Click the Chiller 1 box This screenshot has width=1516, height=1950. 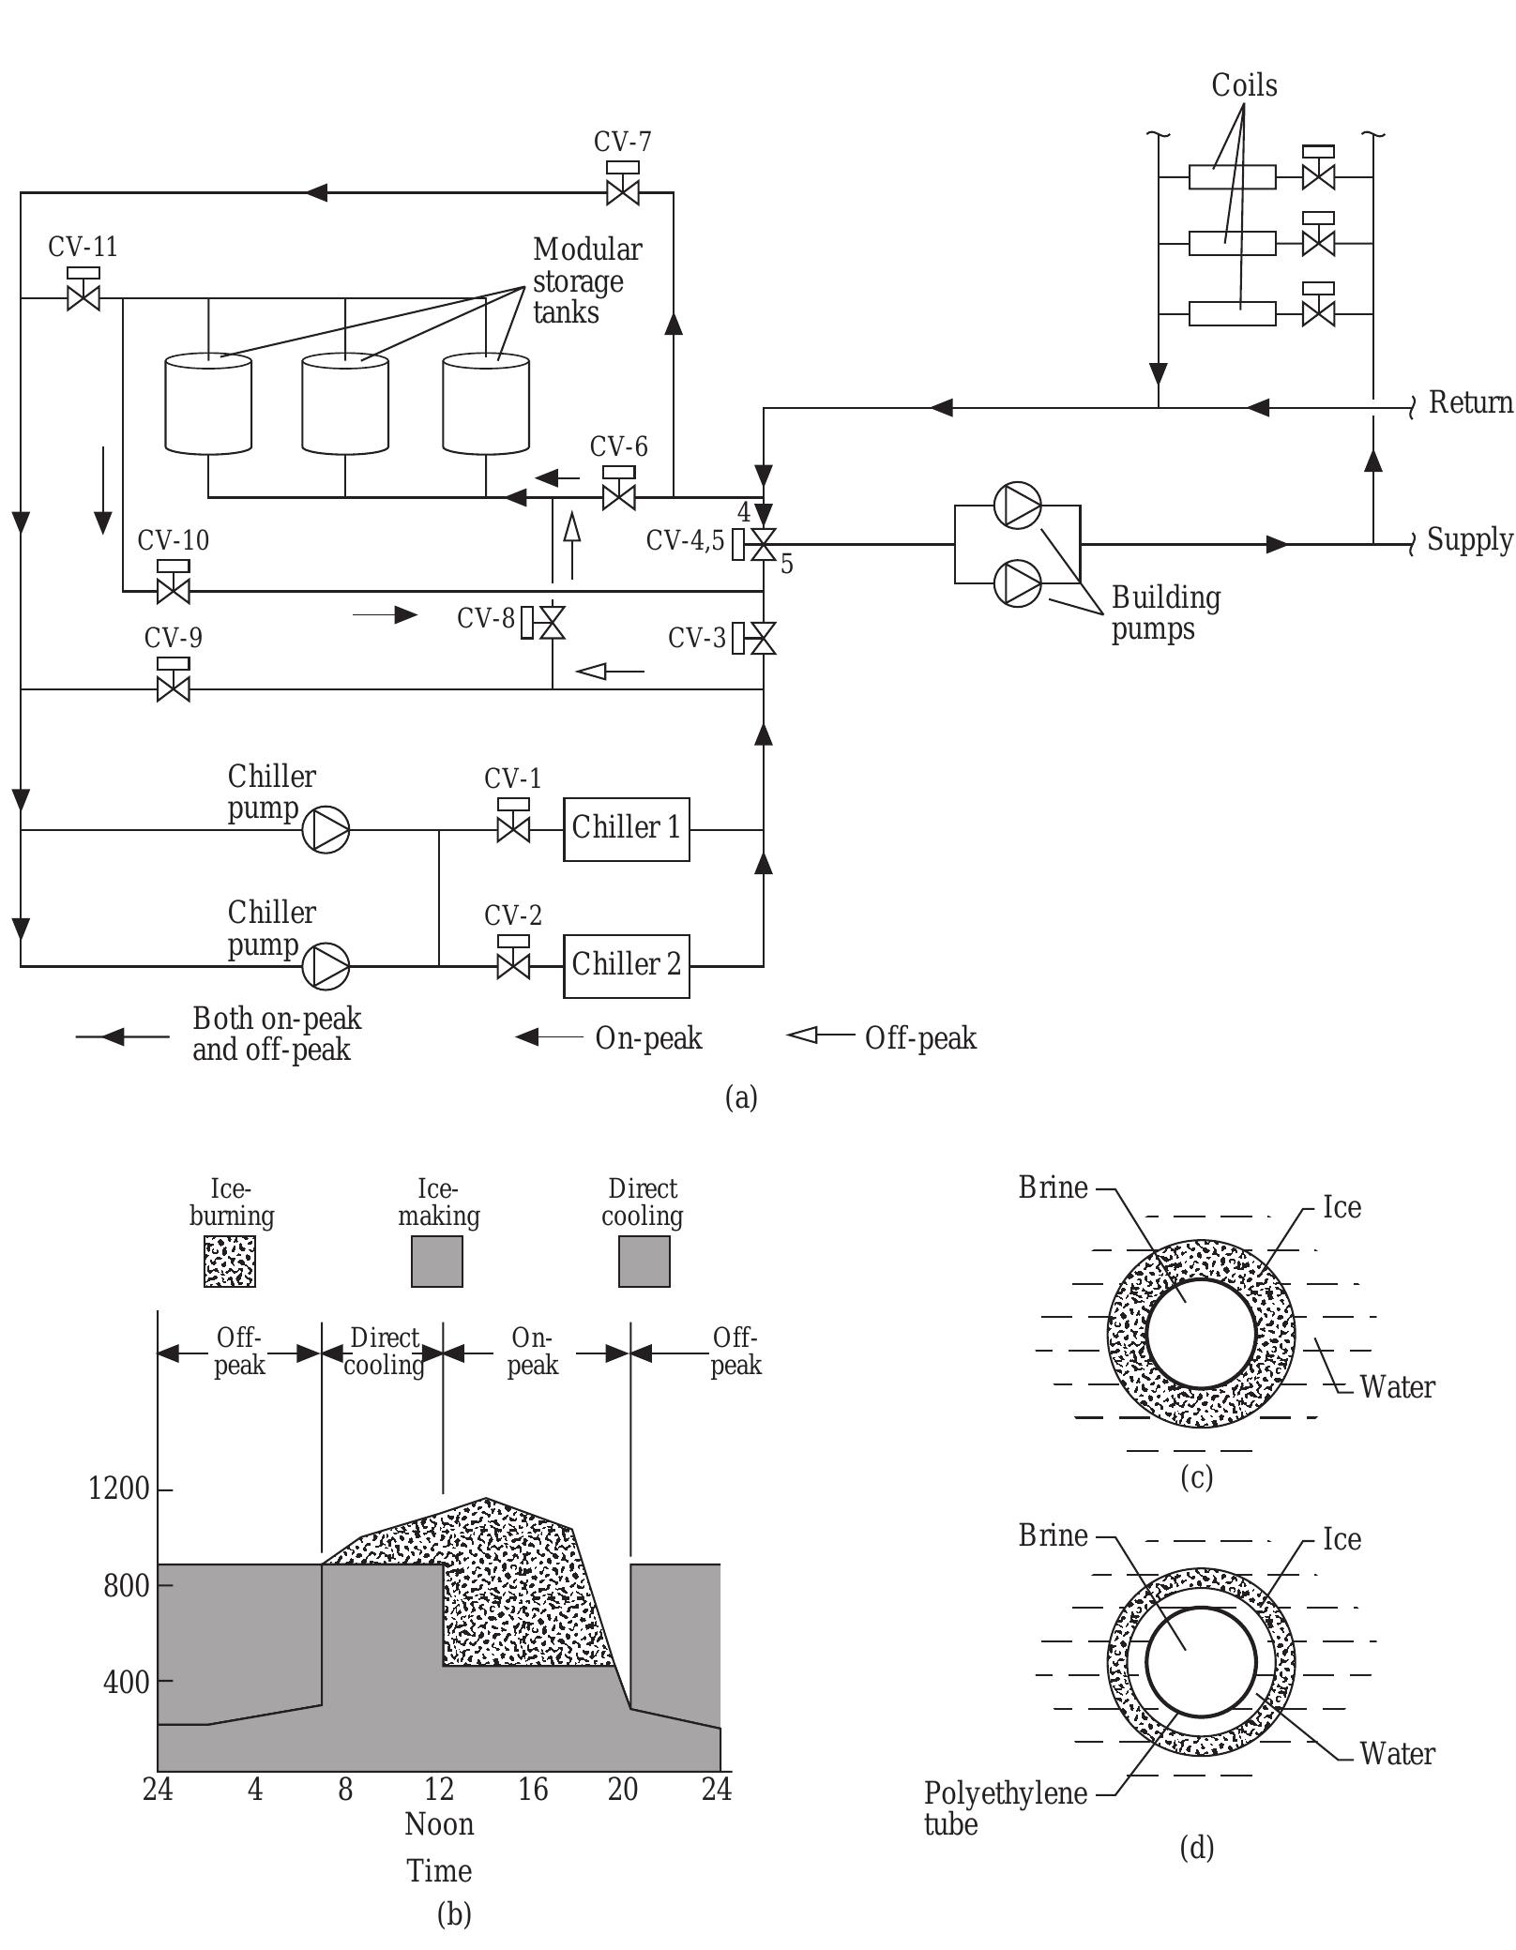click(x=626, y=829)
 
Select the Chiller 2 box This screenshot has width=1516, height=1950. click(x=626, y=965)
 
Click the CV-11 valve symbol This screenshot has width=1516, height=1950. click(x=83, y=298)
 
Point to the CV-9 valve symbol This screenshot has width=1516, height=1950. click(x=174, y=688)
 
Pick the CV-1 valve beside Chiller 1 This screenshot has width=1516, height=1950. click(x=512, y=829)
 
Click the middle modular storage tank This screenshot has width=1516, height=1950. click(x=345, y=403)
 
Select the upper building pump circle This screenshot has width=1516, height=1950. click(x=1018, y=506)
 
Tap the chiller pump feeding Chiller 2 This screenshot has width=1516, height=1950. click(x=326, y=965)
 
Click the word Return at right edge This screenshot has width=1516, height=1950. click(x=1470, y=403)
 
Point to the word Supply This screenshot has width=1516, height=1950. click(x=1469, y=540)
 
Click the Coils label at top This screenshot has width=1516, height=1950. click(x=1244, y=85)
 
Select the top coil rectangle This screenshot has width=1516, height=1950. click(x=1232, y=176)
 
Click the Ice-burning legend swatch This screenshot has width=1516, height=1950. click(x=230, y=1261)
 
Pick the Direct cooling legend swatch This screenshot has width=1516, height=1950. click(x=644, y=1261)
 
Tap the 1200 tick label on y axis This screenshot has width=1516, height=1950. click(x=119, y=1489)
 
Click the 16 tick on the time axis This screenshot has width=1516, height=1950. click(x=532, y=1790)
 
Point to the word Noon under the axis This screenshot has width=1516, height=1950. click(x=439, y=1824)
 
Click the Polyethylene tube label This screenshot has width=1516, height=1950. click(x=1004, y=1808)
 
